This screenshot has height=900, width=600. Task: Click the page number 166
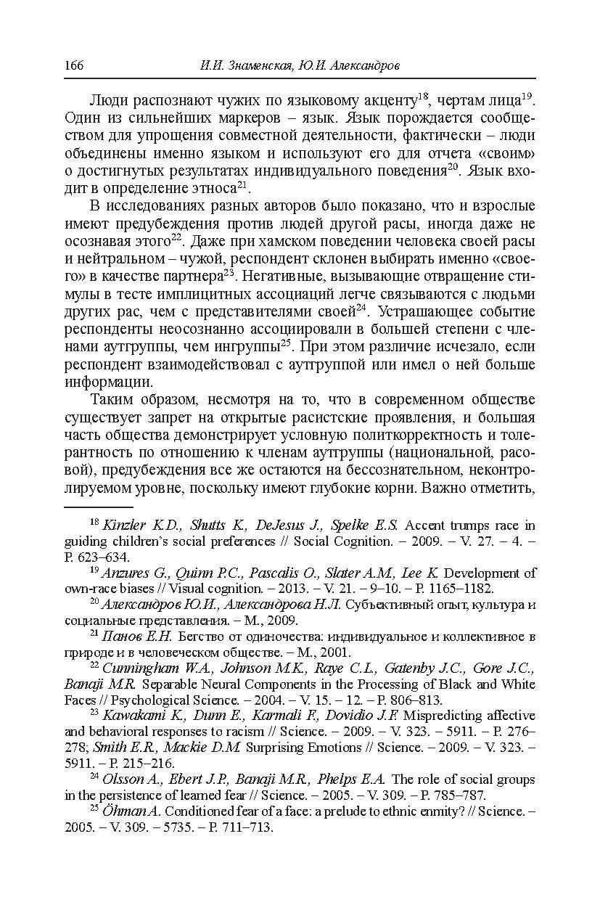point(74,66)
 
